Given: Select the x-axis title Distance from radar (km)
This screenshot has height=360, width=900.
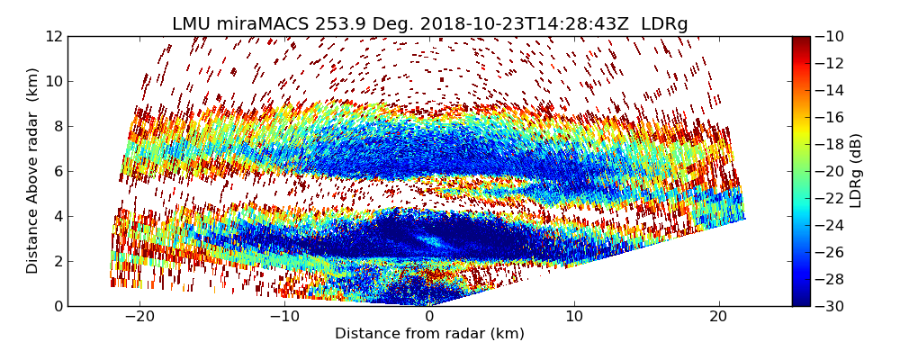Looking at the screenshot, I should pyautogui.click(x=429, y=334).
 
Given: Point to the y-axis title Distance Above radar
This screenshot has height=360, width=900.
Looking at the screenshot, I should pyautogui.click(x=33, y=170).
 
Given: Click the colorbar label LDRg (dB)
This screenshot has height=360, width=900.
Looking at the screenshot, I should pyautogui.click(x=856, y=170).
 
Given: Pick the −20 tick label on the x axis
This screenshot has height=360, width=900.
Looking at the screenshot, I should pyautogui.click(x=139, y=317).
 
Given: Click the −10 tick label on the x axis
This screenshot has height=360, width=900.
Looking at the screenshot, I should pyautogui.click(x=284, y=317).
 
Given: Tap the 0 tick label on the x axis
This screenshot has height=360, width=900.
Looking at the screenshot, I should pyautogui.click(x=429, y=317).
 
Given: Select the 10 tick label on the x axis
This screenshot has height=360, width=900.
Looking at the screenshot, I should pyautogui.click(x=574, y=317).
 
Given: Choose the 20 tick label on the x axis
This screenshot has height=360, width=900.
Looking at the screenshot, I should pyautogui.click(x=718, y=317).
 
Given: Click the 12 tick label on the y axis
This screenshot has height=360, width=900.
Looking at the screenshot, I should pyautogui.click(x=54, y=36).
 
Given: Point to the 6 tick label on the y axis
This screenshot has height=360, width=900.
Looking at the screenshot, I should pyautogui.click(x=58, y=171).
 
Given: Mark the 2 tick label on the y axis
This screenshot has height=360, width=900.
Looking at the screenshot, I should pyautogui.click(x=58, y=261).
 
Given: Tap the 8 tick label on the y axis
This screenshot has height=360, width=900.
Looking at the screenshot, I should pyautogui.click(x=58, y=126).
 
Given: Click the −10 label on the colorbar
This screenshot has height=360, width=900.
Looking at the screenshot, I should pyautogui.click(x=831, y=36).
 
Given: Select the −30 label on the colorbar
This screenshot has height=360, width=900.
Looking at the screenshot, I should pyautogui.click(x=831, y=306).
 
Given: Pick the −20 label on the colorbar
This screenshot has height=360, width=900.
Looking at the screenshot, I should pyautogui.click(x=831, y=171).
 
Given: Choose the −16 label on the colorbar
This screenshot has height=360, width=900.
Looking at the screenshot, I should pyautogui.click(x=831, y=117).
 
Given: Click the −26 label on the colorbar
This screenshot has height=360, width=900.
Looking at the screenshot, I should pyautogui.click(x=831, y=252).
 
